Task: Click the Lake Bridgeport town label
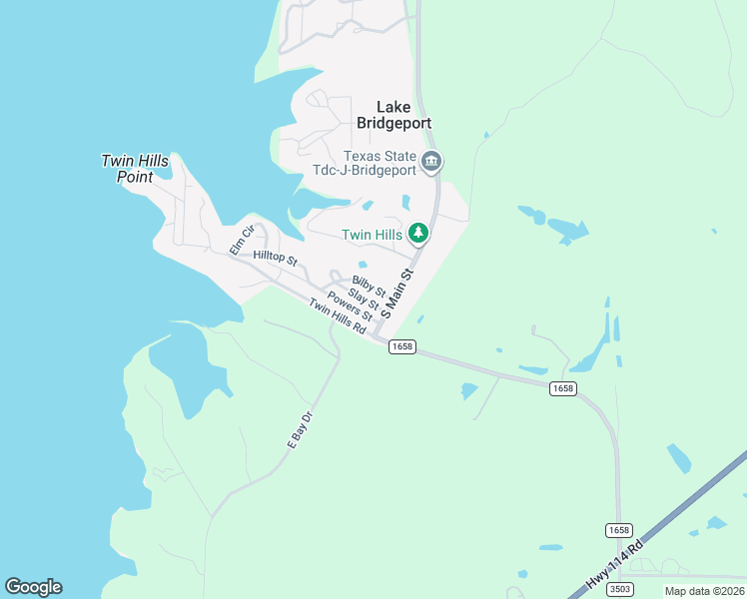(x=394, y=114)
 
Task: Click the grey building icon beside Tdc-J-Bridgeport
(x=431, y=162)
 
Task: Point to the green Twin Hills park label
(x=372, y=235)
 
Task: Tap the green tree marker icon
(x=418, y=234)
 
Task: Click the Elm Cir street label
(x=242, y=240)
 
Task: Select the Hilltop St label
(x=276, y=258)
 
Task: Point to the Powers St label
(x=350, y=306)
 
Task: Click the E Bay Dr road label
(x=300, y=428)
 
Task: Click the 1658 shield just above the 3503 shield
(x=618, y=529)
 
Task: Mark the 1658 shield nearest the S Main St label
(x=401, y=346)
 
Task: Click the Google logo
(x=33, y=587)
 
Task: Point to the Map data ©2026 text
(x=704, y=591)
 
